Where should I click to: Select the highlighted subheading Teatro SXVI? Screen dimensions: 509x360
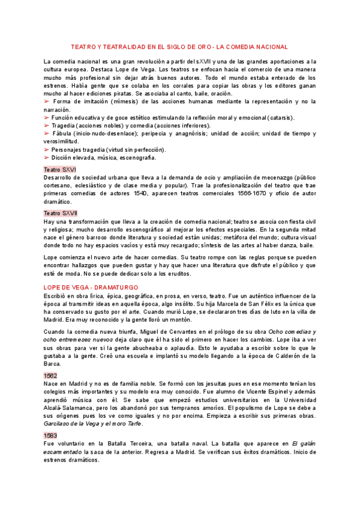(60, 170)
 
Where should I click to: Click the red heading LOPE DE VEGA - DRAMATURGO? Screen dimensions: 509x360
(91, 288)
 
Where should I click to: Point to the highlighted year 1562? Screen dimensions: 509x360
(51, 375)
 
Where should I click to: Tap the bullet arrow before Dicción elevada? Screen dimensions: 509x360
(47, 157)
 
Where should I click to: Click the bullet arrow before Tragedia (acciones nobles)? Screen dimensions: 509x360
(47, 126)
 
